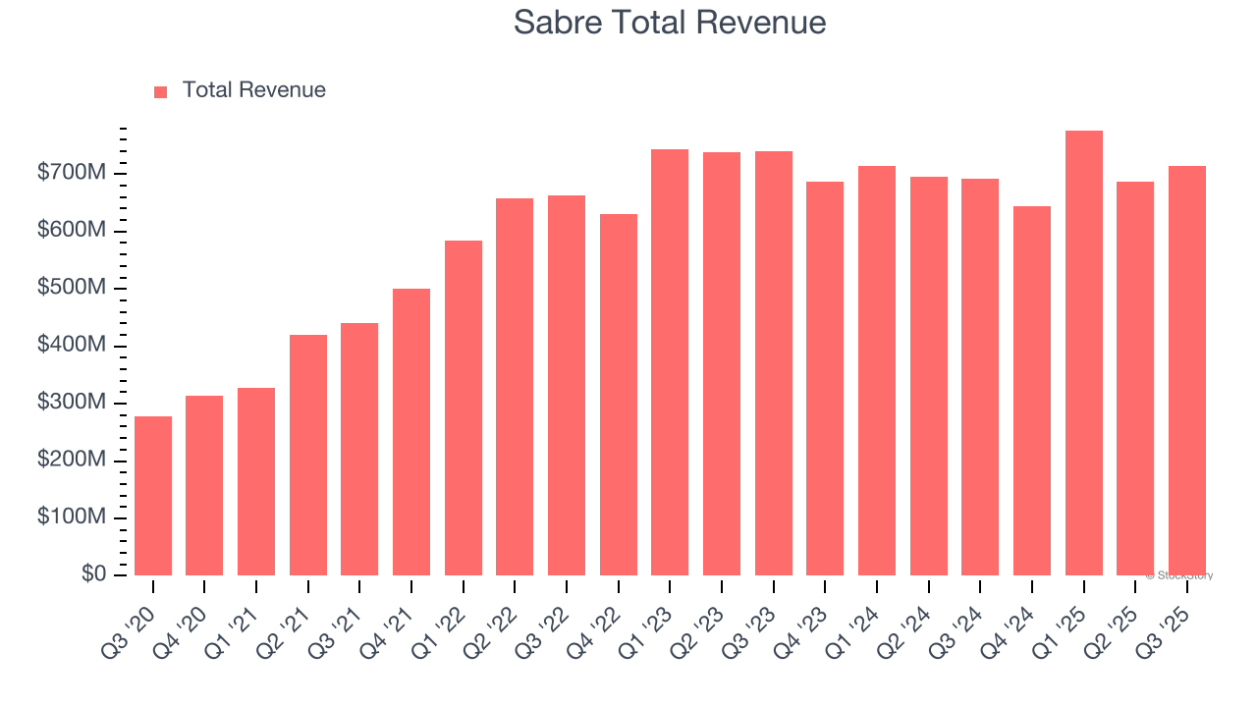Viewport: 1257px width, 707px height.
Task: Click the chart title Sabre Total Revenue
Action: [x=670, y=22]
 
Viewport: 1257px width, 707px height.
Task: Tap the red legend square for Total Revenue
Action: [x=161, y=91]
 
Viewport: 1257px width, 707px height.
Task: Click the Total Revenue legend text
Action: [x=253, y=90]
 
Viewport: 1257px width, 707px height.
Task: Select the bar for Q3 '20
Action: [x=153, y=496]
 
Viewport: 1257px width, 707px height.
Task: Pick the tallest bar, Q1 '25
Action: [x=1083, y=353]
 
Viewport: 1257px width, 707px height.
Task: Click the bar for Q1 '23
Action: [x=670, y=362]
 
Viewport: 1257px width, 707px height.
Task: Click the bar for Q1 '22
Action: [x=464, y=408]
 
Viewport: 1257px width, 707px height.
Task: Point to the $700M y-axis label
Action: [x=72, y=174]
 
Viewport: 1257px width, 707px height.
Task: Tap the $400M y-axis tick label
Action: [x=72, y=346]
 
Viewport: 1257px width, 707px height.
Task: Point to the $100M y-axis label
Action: [x=72, y=517]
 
